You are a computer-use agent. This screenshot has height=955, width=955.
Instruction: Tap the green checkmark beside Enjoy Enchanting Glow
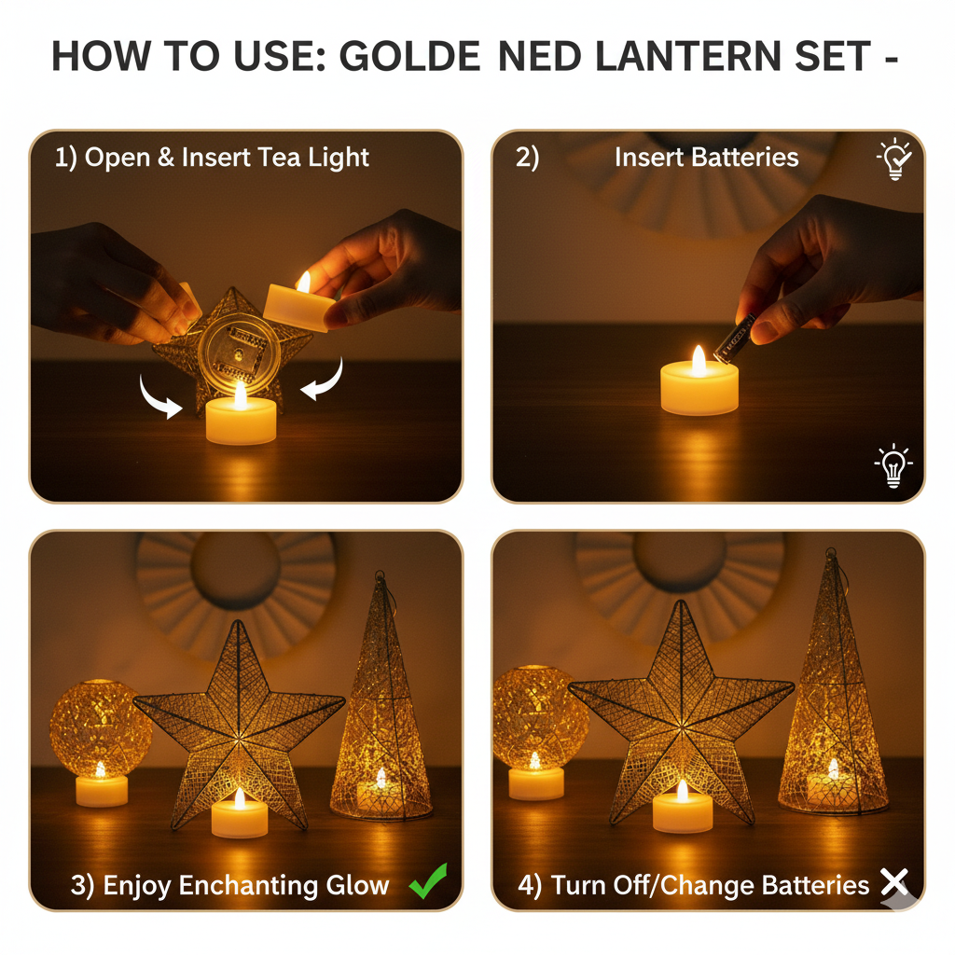tap(428, 881)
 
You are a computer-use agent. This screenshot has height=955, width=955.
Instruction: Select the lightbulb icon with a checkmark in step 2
tap(894, 159)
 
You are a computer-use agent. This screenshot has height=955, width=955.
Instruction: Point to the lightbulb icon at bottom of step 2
tap(893, 464)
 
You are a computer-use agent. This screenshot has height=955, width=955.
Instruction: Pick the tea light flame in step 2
tap(699, 360)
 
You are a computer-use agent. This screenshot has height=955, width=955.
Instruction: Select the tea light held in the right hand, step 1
tap(298, 306)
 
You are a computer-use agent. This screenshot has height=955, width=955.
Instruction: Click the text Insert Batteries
tap(706, 158)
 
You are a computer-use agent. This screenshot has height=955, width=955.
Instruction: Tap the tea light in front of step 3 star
tap(240, 816)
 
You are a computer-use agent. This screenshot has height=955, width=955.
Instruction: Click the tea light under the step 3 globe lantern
tap(101, 789)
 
